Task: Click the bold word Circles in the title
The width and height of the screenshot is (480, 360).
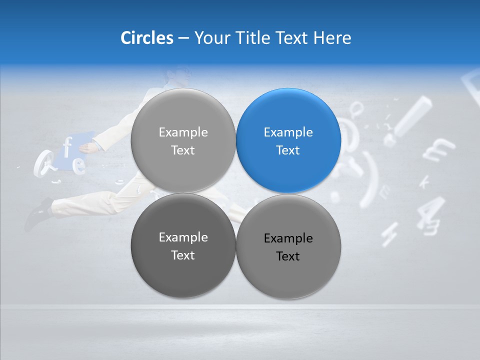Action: pyautogui.click(x=146, y=38)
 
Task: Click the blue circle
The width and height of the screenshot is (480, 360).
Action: pyautogui.click(x=288, y=141)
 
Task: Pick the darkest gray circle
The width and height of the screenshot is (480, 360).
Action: pyautogui.click(x=183, y=245)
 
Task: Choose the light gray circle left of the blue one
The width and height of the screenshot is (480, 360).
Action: pyautogui.click(x=183, y=141)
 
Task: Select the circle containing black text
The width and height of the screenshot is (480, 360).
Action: pyautogui.click(x=288, y=246)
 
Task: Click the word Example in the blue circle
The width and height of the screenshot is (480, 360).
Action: pyautogui.click(x=288, y=132)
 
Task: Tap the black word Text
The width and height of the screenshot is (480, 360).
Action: pyautogui.click(x=288, y=256)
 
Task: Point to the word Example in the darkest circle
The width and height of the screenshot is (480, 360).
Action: pyautogui.click(x=183, y=237)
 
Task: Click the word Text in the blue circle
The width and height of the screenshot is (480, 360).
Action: pyautogui.click(x=288, y=150)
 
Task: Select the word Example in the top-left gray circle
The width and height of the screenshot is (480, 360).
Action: pyautogui.click(x=183, y=132)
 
